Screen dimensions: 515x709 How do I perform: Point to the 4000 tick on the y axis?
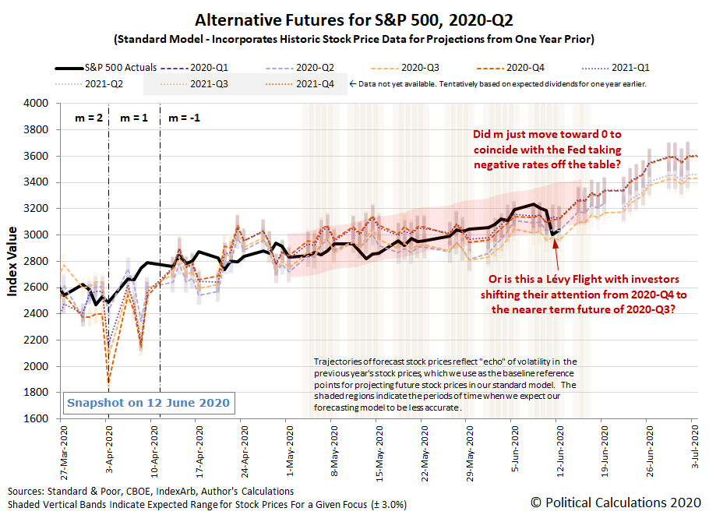pyautogui.click(x=41, y=103)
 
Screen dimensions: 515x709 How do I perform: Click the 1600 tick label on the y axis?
pyautogui.click(x=41, y=418)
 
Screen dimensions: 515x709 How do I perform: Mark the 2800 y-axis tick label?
pyautogui.click(x=41, y=261)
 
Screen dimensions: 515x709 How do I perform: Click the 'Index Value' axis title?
pyautogui.click(x=13, y=261)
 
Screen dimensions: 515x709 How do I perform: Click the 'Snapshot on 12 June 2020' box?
pyautogui.click(x=149, y=403)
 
